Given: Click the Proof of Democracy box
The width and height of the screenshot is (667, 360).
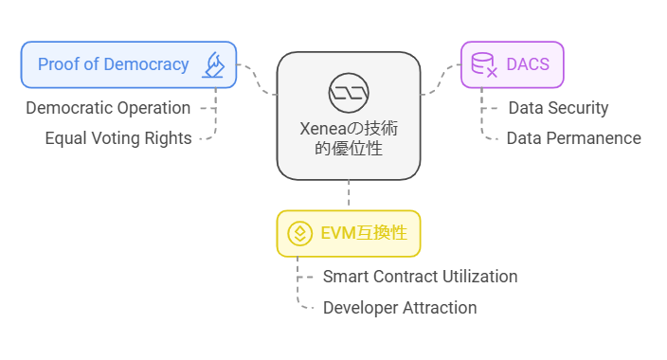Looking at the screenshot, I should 128,64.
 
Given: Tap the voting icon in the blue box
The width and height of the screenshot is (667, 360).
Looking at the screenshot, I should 213,64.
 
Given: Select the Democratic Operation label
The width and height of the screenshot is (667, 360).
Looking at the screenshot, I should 108,108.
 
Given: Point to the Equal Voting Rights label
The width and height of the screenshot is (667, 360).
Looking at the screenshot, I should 118,138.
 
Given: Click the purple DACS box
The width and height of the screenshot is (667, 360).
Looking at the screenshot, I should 513,64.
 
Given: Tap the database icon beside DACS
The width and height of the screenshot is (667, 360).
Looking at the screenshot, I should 484,64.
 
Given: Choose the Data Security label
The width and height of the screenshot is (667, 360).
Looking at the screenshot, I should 558,108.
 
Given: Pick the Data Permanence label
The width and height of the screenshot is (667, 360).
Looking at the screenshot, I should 573,138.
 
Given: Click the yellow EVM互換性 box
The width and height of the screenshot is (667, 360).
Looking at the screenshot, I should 348,233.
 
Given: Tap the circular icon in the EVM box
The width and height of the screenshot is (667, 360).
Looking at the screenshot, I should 300,233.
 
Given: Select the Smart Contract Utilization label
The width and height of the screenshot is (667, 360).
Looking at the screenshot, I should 420,277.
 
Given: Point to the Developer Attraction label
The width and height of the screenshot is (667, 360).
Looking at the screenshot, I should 400,308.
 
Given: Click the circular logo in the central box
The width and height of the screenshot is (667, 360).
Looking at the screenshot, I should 348,91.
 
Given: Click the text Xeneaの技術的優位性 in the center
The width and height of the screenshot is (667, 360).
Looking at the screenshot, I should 348,136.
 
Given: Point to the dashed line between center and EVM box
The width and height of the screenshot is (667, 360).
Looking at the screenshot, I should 348,194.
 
